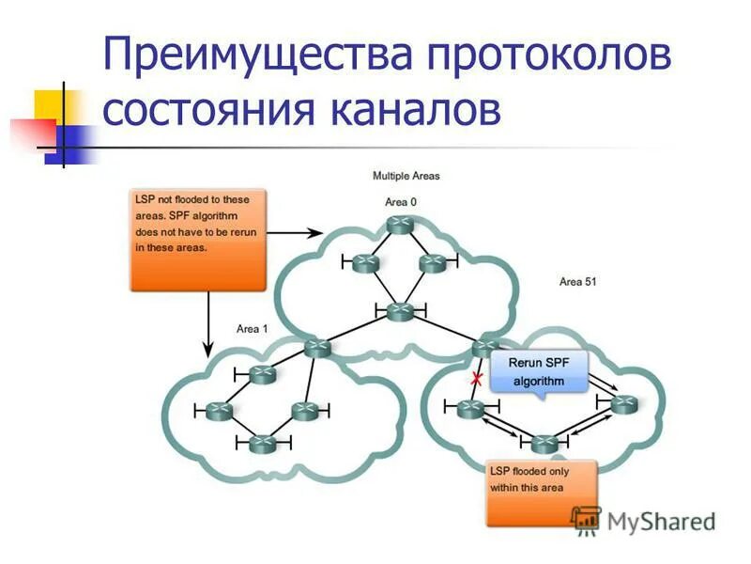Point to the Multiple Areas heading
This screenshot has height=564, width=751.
406,176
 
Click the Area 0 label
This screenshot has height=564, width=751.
402,202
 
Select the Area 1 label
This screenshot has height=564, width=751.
252,328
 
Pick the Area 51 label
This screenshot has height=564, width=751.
577,281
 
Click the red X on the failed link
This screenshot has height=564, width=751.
477,379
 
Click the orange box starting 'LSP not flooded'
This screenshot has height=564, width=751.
197,239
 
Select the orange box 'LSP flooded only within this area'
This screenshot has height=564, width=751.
541,492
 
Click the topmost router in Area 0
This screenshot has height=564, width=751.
399,225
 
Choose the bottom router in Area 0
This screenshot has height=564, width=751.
400,310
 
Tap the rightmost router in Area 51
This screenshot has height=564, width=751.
623,403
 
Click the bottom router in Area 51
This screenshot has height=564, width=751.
544,444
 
